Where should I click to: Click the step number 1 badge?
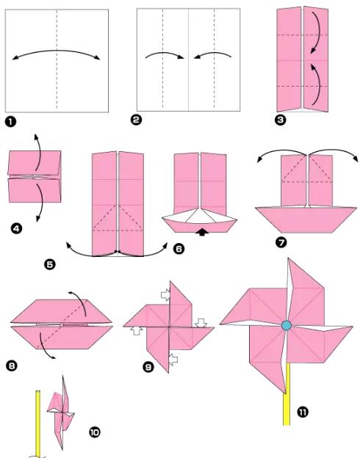[x=10, y=122]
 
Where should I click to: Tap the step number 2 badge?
[x=136, y=120]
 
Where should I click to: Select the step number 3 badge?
[x=281, y=120]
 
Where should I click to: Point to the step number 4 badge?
[x=16, y=228]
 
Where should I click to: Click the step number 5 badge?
[x=50, y=265]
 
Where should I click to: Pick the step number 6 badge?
[x=179, y=249]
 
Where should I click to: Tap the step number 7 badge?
[x=281, y=242]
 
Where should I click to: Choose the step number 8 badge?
[x=12, y=366]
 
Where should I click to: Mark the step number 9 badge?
[x=148, y=366]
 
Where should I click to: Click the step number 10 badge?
[x=95, y=432]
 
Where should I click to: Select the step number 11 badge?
[x=303, y=412]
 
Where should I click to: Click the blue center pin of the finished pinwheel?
[x=287, y=325]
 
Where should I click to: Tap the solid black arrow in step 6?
[x=202, y=232]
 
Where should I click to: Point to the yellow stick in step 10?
[x=37, y=424]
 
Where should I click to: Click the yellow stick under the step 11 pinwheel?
[x=287, y=394]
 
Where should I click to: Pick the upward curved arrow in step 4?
[x=38, y=151]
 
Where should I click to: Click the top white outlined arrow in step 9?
[x=166, y=295]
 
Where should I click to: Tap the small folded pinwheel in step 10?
[x=61, y=412]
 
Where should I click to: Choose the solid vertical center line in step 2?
[x=188, y=59]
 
